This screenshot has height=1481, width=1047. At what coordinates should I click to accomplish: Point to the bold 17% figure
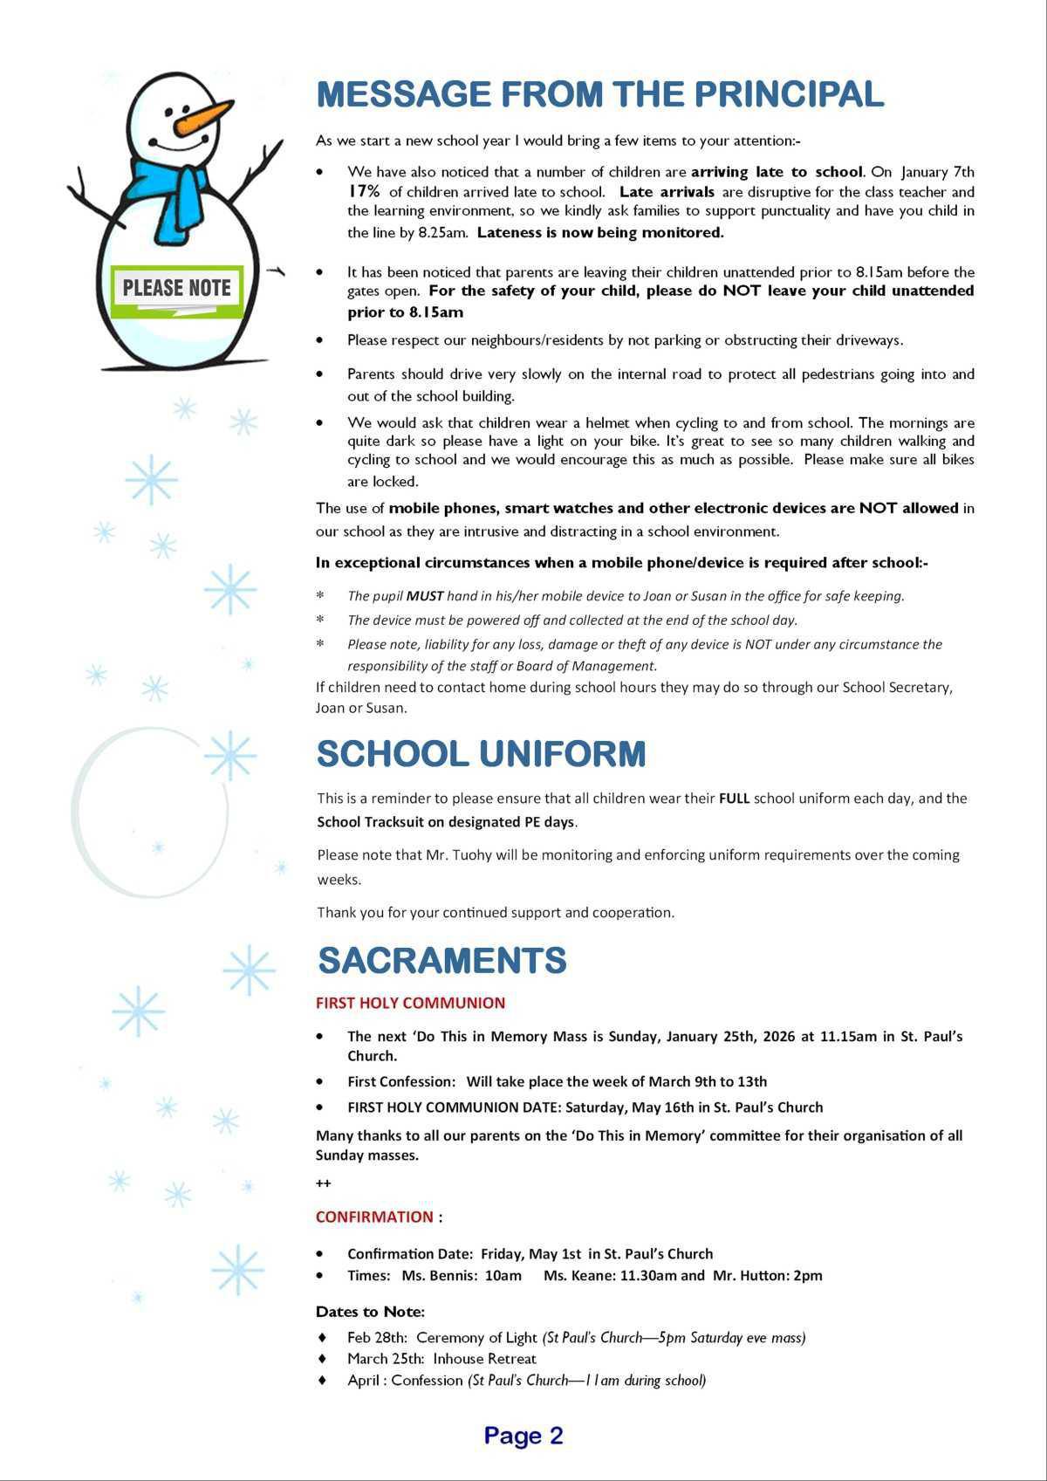click(x=363, y=191)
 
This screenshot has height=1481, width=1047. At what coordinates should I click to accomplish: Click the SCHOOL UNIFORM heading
click(x=481, y=754)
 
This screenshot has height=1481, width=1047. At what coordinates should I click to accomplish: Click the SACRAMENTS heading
click(x=442, y=960)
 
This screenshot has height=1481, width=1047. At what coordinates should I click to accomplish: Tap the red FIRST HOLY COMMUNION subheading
click(x=410, y=1003)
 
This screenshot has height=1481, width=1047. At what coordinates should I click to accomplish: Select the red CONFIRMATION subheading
click(x=374, y=1217)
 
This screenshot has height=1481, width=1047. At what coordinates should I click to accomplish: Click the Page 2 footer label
click(x=523, y=1436)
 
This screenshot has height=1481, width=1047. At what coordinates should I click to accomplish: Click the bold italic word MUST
click(x=424, y=596)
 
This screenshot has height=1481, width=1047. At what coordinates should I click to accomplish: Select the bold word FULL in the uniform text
click(x=734, y=798)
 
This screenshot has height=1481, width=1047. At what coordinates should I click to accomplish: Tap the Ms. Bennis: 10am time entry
click(x=462, y=1275)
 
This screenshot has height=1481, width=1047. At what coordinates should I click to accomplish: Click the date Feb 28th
click(x=377, y=1337)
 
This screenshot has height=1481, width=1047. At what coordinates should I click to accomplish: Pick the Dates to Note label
click(x=370, y=1312)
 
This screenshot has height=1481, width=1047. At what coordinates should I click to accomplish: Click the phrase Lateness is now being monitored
click(x=600, y=232)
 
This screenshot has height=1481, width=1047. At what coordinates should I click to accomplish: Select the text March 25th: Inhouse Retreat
click(x=441, y=1358)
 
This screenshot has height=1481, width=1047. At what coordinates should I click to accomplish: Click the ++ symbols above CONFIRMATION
click(x=323, y=1183)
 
